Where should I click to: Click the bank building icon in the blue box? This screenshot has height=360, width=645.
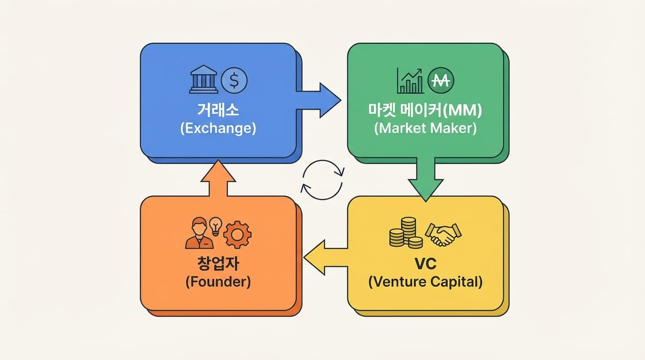[204, 79]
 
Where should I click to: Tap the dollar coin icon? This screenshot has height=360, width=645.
[234, 80]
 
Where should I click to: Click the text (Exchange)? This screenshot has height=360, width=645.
[218, 128]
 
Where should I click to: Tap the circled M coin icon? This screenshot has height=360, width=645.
[441, 81]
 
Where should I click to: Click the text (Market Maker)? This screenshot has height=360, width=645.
[426, 128]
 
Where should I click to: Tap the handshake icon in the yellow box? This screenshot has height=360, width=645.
[442, 234]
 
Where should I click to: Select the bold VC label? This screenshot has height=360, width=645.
[425, 263]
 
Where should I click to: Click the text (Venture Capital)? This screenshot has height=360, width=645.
[425, 282]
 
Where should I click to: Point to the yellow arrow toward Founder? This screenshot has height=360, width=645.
[325, 257]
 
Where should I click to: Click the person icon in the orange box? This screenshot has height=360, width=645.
[199, 233]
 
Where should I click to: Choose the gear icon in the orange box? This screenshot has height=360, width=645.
[237, 234]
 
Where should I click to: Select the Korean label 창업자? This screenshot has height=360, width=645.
[218, 263]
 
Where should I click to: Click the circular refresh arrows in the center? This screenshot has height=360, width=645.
[322, 180]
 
